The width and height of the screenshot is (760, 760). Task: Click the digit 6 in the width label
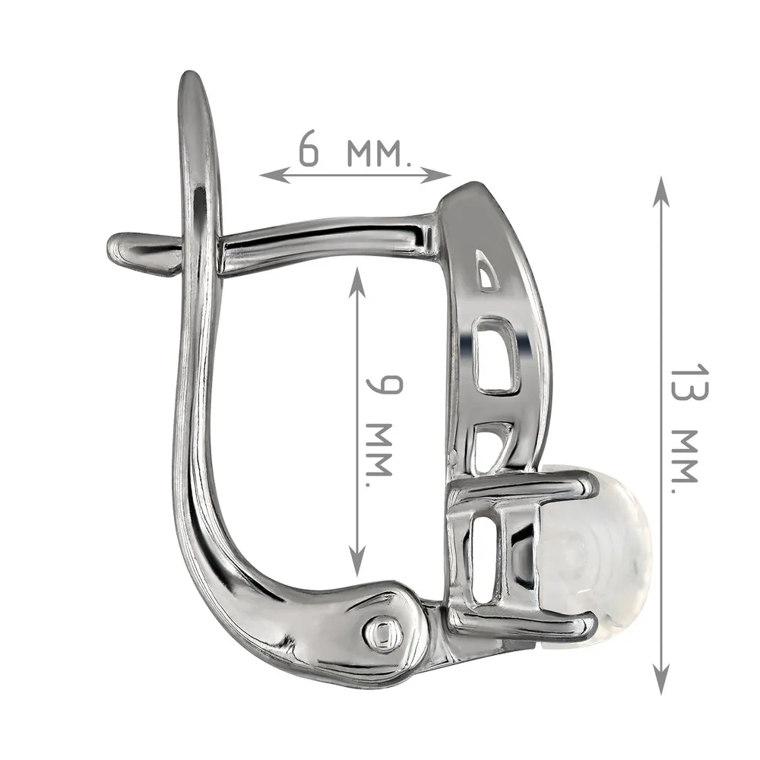pos(309,148)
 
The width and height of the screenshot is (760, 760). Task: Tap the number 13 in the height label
pos(689,383)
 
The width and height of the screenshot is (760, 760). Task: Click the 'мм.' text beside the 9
pos(378,455)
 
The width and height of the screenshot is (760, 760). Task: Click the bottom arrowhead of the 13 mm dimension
pos(661,679)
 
